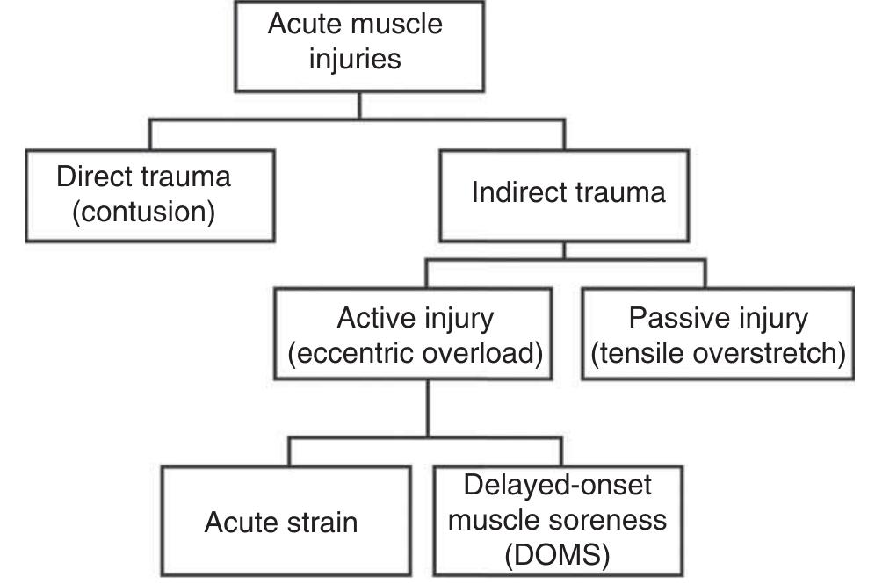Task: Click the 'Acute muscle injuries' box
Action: click(355, 44)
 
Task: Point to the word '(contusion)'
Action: click(143, 213)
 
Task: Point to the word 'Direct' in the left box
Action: click(97, 177)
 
